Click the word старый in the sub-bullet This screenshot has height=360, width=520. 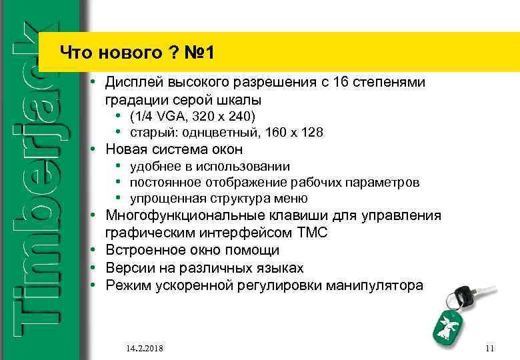click(x=151, y=132)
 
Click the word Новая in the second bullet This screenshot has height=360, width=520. click(x=127, y=149)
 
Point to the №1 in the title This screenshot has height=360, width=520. click(x=197, y=52)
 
